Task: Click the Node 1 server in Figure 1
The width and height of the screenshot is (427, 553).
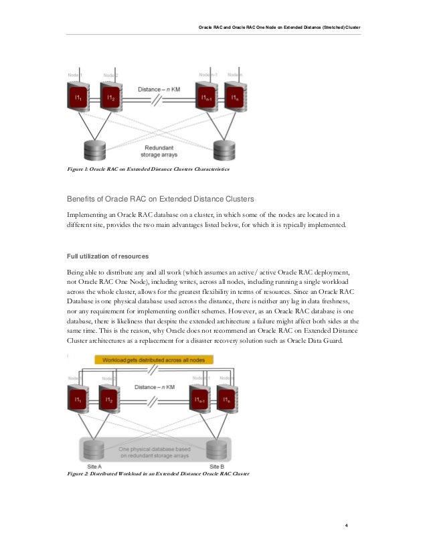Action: pyautogui.click(x=79, y=100)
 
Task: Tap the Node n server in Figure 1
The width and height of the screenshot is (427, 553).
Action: pyautogui.click(x=235, y=100)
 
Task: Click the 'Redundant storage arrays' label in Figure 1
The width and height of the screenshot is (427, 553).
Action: pyautogui.click(x=159, y=151)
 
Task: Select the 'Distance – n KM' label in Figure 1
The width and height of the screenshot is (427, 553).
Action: pyautogui.click(x=158, y=89)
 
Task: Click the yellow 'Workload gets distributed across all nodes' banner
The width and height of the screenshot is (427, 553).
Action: pyautogui.click(x=154, y=360)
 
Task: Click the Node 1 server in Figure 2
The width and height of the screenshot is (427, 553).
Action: pyautogui.click(x=79, y=401)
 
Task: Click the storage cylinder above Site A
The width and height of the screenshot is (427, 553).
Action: pyautogui.click(x=93, y=448)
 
